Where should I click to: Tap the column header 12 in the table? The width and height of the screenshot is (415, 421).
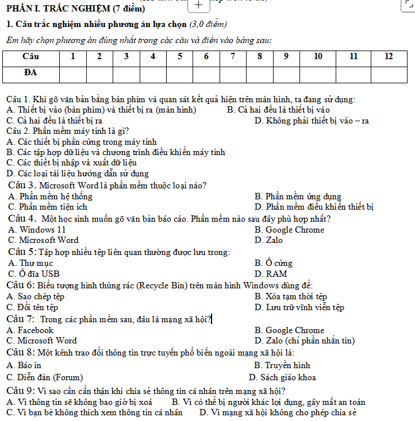pos(389,56)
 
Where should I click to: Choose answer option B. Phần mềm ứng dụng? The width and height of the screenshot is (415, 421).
pos(298,196)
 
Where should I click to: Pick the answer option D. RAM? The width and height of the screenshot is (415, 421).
pos(270,274)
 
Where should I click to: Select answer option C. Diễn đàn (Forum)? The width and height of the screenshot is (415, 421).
pos(44,377)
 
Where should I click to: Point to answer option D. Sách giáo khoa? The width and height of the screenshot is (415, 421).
pos(282,377)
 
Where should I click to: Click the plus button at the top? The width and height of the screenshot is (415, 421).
pos(198,5)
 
